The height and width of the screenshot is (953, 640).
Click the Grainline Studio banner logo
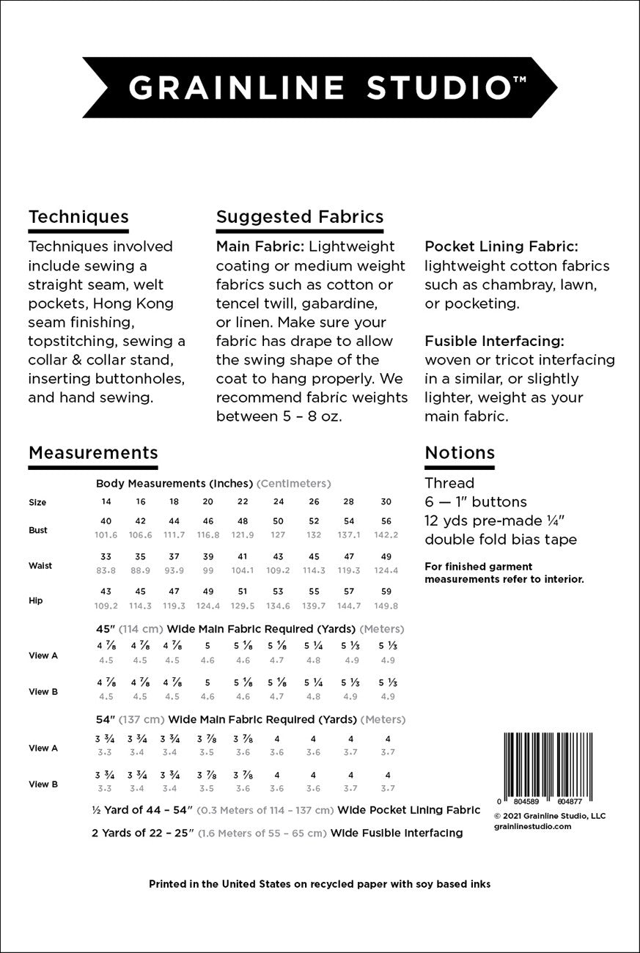tap(320, 87)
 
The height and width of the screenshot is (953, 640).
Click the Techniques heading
tap(78, 217)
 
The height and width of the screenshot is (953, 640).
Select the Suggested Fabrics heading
tap(300, 217)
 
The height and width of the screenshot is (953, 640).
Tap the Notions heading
tap(460, 453)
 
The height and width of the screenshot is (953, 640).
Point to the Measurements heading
tap(93, 453)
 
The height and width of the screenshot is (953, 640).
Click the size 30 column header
tap(386, 502)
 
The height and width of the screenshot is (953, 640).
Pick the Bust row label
tap(38, 530)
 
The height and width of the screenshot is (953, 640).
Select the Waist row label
tap(40, 565)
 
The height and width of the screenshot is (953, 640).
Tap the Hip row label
tap(35, 600)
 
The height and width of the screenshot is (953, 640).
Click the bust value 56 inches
tap(386, 521)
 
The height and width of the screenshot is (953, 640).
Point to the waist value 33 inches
tap(106, 556)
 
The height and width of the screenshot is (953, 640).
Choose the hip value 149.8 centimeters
tap(386, 606)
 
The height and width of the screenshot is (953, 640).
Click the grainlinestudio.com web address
tap(532, 826)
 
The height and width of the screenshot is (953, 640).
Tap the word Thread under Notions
tap(449, 483)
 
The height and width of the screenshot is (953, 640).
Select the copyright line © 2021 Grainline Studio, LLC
tap(550, 815)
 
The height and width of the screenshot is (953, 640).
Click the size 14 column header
tap(106, 502)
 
